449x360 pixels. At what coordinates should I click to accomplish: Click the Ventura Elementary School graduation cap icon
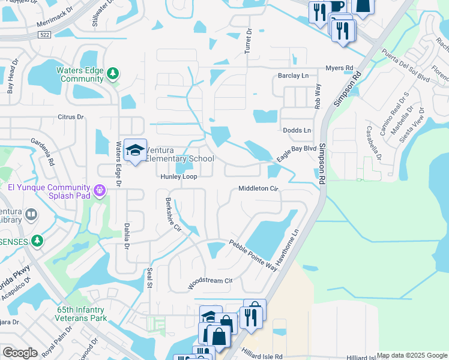coord(136,150)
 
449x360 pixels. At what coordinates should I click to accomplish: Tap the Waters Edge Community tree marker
coord(113,74)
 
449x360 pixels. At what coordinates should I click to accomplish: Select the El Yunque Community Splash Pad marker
coord(100,191)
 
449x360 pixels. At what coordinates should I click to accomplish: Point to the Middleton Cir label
coord(259,188)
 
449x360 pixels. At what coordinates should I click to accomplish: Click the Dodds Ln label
coord(297,130)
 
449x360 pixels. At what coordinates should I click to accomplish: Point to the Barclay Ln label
coord(293,76)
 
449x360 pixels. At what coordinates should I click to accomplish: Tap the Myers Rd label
coord(340,68)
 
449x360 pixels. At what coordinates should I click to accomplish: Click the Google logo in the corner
coord(20,353)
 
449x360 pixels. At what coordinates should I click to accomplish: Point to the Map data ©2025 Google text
coord(412,355)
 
